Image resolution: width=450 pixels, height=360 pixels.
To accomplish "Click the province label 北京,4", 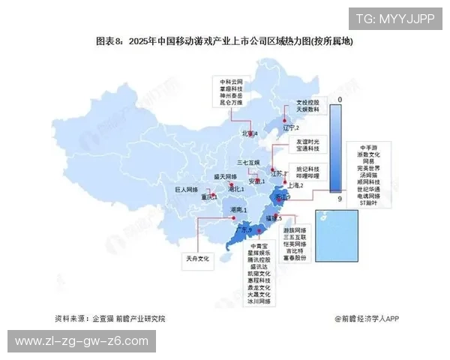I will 249,133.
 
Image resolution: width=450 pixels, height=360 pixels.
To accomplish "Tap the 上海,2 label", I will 295,185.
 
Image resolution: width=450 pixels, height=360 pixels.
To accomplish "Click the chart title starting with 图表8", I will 224,41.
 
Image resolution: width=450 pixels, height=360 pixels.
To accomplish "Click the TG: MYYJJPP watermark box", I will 394,20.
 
